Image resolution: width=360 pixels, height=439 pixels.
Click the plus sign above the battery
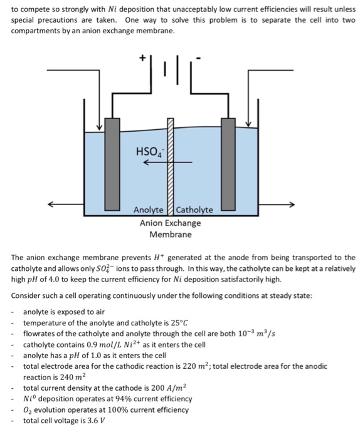point(142,57)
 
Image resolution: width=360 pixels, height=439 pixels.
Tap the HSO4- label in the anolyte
point(147,152)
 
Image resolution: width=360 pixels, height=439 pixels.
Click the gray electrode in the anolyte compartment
point(113,164)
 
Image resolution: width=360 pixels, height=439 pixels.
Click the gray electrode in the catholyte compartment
point(228,164)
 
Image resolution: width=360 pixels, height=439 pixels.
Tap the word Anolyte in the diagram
point(148,210)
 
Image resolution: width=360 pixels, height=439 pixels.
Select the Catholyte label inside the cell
point(194,210)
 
